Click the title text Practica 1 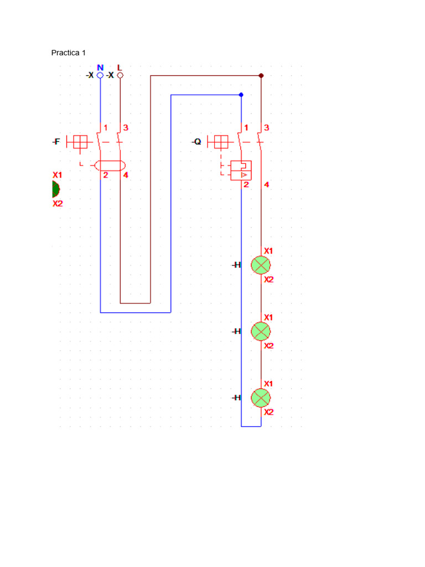[x=68, y=53]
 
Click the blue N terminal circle [x=100, y=75]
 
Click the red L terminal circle [x=120, y=75]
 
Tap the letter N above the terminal [x=100, y=68]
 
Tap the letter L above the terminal [x=120, y=68]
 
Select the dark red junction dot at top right [x=261, y=75]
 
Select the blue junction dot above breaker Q [x=241, y=95]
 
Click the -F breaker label [x=56, y=142]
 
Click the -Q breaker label [x=197, y=142]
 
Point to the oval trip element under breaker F [x=110, y=165]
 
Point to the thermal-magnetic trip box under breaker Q [x=241, y=170]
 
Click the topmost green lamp [x=261, y=265]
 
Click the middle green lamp [x=261, y=331]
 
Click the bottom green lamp [x=261, y=398]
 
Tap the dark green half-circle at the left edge [x=55, y=189]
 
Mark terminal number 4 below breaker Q [x=266, y=185]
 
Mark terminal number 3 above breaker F [x=126, y=128]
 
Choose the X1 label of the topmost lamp [x=268, y=251]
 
